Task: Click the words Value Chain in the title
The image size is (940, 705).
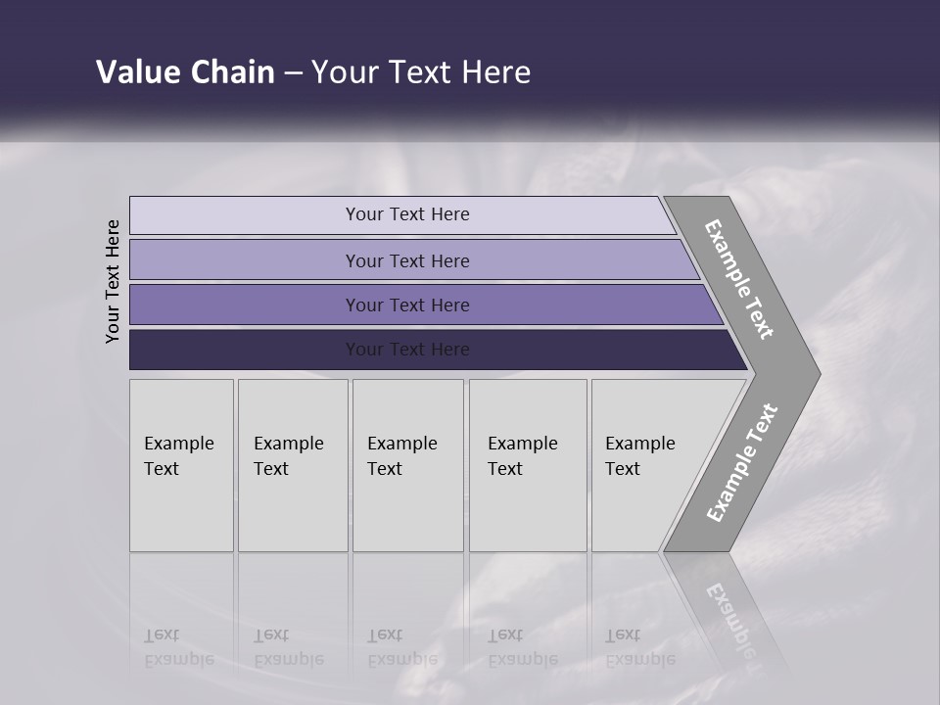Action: [185, 72]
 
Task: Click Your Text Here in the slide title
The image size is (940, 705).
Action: [421, 72]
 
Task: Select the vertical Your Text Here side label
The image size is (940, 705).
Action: [114, 281]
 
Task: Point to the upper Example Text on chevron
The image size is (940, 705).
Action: [739, 279]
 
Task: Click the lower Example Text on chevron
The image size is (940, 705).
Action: [741, 463]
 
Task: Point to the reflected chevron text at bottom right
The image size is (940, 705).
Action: [730, 617]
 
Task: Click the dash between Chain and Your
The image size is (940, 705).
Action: [293, 73]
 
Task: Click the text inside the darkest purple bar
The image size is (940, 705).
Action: [407, 350]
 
